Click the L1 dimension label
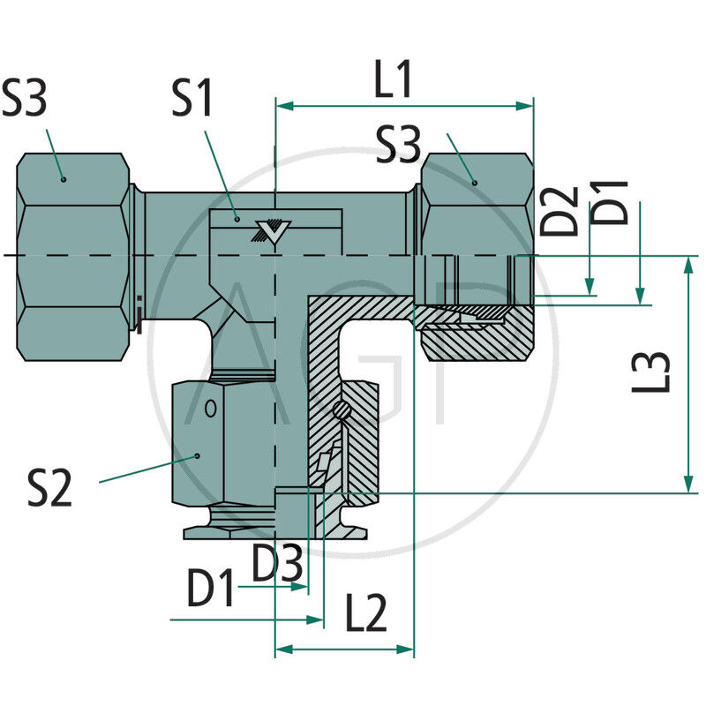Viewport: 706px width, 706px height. [x=394, y=80]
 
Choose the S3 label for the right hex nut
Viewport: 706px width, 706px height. [x=398, y=145]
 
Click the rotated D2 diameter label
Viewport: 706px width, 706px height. [x=561, y=210]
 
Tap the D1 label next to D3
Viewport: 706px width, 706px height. [x=212, y=588]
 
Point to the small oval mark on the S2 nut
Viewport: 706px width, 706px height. [x=210, y=409]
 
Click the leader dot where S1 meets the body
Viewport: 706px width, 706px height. [x=237, y=217]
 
